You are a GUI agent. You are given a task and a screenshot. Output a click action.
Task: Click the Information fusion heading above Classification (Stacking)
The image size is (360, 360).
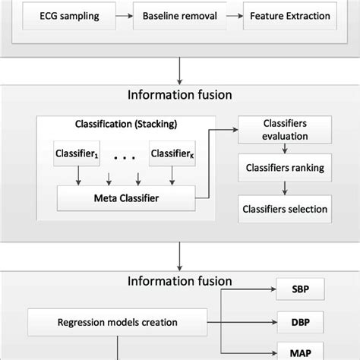[179, 96]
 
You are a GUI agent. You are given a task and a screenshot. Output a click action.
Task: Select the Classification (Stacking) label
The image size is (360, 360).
[126, 123]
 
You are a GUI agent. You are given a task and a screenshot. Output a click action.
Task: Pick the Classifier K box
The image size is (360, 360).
[172, 154]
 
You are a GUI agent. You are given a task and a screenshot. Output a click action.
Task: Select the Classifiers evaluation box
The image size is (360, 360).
[285, 130]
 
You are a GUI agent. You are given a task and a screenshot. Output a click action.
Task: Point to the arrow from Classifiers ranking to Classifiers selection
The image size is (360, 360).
[285, 189]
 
